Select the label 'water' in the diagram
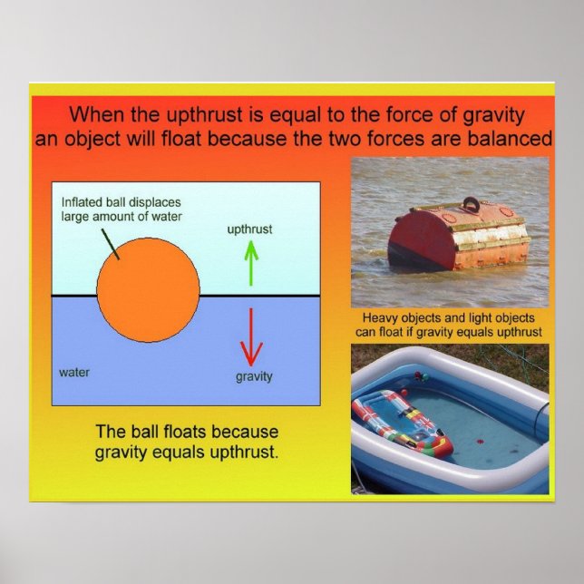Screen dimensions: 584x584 click(73, 372)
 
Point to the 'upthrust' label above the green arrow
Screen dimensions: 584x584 click(249, 229)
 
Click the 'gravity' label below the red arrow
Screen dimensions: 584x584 click(253, 376)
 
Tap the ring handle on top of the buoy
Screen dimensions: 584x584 click(472, 204)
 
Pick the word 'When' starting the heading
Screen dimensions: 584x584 click(97, 115)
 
